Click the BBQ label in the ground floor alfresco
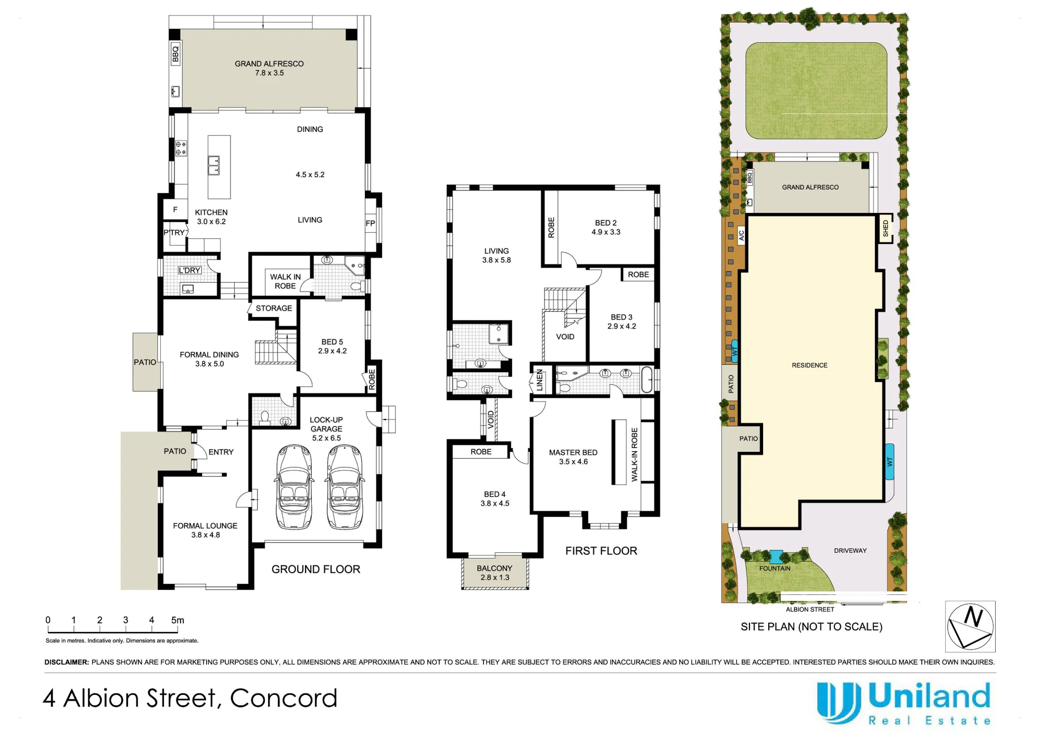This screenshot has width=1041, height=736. tap(175, 53)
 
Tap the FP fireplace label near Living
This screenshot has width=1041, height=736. tap(370, 223)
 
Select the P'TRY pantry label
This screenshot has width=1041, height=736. tap(174, 233)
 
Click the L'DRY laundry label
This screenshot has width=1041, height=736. tap(189, 270)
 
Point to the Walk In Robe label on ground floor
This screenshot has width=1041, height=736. tap(285, 282)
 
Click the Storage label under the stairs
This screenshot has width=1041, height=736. tap(274, 308)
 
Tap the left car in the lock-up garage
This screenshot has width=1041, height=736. tap(295, 487)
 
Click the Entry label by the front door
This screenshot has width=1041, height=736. tap(221, 452)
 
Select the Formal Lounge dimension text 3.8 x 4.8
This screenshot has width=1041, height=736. tap(206, 535)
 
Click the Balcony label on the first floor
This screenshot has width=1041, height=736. tap(494, 568)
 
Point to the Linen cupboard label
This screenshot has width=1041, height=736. tap(540, 380)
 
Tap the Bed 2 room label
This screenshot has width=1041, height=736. tap(606, 223)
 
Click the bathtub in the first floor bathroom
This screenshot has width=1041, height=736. tap(647, 380)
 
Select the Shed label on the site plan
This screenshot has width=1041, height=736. tap(885, 229)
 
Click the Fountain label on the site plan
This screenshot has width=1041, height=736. tap(775, 568)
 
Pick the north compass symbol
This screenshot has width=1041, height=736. tap(970, 627)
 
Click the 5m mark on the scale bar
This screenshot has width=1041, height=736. tap(177, 620)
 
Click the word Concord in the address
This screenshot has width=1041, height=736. tap(284, 699)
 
